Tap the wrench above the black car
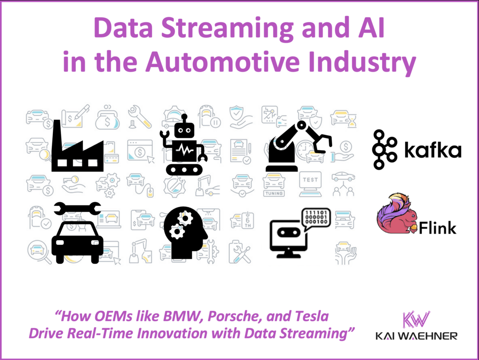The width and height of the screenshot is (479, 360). [77, 209]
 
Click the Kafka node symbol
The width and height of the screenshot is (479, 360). [385, 150]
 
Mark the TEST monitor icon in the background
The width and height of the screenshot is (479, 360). [310, 183]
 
